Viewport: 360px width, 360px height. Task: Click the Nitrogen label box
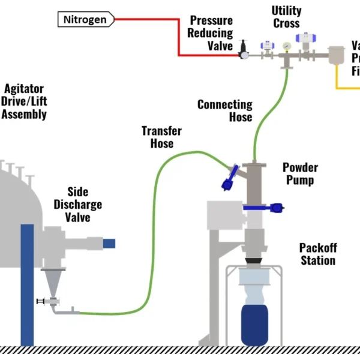point(86,20)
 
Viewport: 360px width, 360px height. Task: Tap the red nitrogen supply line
point(179,36)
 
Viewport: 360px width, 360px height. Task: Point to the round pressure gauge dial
point(287,46)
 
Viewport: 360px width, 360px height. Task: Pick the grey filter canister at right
point(339,57)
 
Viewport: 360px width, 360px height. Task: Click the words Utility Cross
point(286,17)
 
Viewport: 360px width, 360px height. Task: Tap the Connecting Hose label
point(224,111)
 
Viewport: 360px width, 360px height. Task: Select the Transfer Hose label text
point(161,137)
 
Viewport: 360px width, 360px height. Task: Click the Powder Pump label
point(300,173)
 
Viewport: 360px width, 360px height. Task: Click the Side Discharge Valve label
point(78,204)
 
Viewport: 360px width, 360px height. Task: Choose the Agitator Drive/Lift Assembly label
point(23,102)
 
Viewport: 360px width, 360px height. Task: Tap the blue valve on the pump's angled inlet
point(230,178)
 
